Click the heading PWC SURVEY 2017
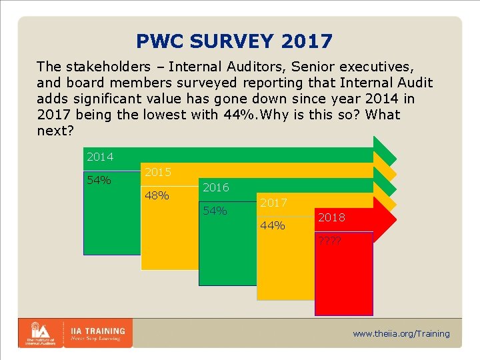point(234,41)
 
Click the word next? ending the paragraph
point(56,131)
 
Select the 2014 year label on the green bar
point(100,157)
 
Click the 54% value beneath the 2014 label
point(99,181)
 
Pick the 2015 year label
point(157,172)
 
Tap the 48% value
point(157,196)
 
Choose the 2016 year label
point(215,187)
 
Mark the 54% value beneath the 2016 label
point(215,211)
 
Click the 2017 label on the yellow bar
point(273,203)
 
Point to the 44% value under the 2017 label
point(273,226)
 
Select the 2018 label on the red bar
point(332,218)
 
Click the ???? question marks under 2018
point(329,241)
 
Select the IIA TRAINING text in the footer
point(97,331)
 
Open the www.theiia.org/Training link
point(401,334)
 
